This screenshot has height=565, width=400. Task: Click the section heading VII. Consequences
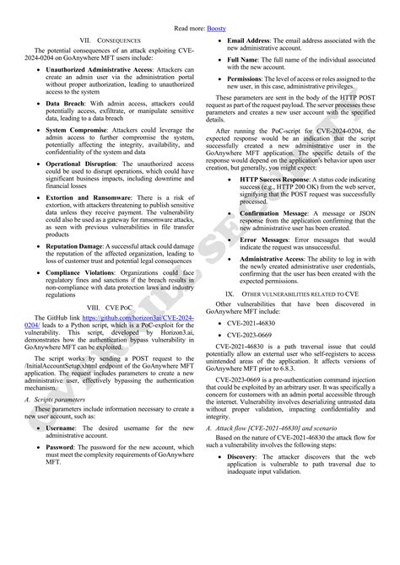pos(109,40)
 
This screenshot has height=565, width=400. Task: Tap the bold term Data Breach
pos(66,102)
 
